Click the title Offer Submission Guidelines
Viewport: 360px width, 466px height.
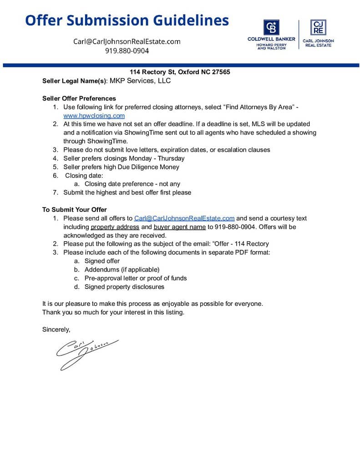click(x=127, y=20)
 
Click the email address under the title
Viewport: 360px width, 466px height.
click(x=127, y=41)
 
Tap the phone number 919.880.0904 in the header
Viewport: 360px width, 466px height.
click(x=127, y=51)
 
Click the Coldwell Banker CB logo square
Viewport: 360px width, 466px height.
click(x=271, y=27)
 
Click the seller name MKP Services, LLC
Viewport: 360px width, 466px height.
click(x=140, y=81)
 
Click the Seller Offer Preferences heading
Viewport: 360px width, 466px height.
click(x=79, y=98)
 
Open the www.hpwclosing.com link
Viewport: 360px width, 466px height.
click(x=94, y=116)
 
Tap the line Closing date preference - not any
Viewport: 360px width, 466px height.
click(x=132, y=184)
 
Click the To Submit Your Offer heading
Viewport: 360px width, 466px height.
click(x=75, y=210)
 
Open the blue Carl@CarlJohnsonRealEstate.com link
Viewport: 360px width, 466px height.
click(x=184, y=218)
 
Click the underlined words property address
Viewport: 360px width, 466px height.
click(x=115, y=227)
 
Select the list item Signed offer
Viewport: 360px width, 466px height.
click(x=102, y=261)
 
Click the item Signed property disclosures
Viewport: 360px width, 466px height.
click(x=124, y=287)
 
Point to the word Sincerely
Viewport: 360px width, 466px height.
click(x=56, y=329)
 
